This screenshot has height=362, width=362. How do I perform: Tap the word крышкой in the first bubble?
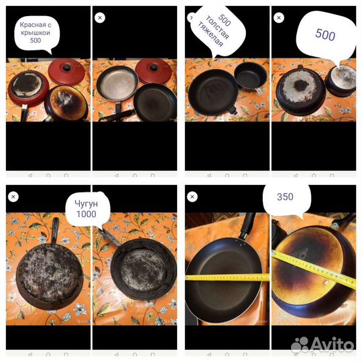coord(36,33)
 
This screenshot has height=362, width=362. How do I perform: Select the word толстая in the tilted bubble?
coord(217,27)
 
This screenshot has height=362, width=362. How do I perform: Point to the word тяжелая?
coord(210,34)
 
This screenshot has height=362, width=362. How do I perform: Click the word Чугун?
coord(86,204)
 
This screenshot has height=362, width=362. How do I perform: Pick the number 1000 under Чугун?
coord(86,214)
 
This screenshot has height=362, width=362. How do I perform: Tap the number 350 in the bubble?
coord(285,196)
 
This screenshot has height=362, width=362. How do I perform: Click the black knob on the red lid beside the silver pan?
coord(154,68)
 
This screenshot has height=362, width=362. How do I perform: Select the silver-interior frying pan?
coord(117,85)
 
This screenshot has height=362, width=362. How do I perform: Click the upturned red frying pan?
coord(29,88)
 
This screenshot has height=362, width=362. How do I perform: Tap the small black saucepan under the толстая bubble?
coord(251,75)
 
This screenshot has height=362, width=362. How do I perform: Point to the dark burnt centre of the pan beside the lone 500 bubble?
coord(300,86)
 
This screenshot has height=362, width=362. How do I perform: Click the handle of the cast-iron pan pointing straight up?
coord(55,231)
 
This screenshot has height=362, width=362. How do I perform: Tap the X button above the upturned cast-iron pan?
coord(13,196)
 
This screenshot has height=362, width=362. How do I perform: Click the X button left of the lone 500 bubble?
coord(279,17)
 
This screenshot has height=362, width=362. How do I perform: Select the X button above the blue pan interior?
coord(192,196)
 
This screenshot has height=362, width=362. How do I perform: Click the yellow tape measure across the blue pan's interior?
coord(227,278)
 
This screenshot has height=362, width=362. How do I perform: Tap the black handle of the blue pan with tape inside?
coord(247,225)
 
